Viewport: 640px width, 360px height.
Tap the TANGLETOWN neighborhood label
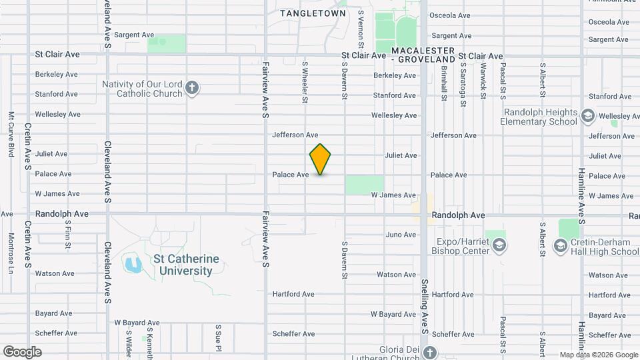[313, 13]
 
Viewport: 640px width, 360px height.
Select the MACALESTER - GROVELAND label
[423, 55]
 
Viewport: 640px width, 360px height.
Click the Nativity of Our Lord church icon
[192, 89]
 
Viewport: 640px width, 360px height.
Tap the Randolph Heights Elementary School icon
[587, 117]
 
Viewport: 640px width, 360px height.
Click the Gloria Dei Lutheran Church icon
[430, 352]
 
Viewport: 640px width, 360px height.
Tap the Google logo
[22, 351]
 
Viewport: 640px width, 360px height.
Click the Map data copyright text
[598, 355]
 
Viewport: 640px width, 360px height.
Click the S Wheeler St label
[305, 83]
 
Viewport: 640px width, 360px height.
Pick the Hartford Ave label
[293, 294]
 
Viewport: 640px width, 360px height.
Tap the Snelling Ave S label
[423, 307]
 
